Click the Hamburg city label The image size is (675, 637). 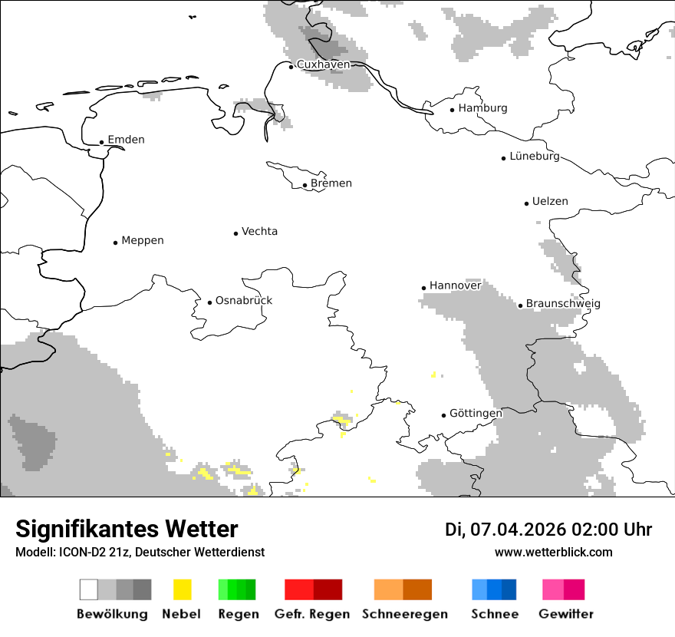[x=482, y=108]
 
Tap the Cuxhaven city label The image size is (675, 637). [x=323, y=64]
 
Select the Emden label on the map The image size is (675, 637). [x=126, y=140]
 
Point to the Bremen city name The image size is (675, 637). [x=331, y=183]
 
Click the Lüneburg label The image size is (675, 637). [x=535, y=157]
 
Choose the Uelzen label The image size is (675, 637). [x=550, y=202]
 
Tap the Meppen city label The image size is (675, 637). [x=143, y=241]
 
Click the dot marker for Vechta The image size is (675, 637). [x=235, y=233]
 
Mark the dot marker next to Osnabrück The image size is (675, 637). [x=209, y=302]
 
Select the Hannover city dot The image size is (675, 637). [x=423, y=288]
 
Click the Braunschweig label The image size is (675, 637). [x=563, y=304]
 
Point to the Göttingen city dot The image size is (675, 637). [x=443, y=415]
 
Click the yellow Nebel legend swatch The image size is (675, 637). [x=182, y=589]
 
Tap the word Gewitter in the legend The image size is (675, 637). [x=565, y=614]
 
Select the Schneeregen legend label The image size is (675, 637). [x=403, y=614]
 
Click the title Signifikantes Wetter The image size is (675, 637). [x=127, y=530]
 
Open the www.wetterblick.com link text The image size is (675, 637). [x=553, y=553]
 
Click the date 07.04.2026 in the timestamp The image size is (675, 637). [x=518, y=530]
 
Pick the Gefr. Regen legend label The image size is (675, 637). [x=312, y=614]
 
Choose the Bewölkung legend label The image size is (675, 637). [x=112, y=614]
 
